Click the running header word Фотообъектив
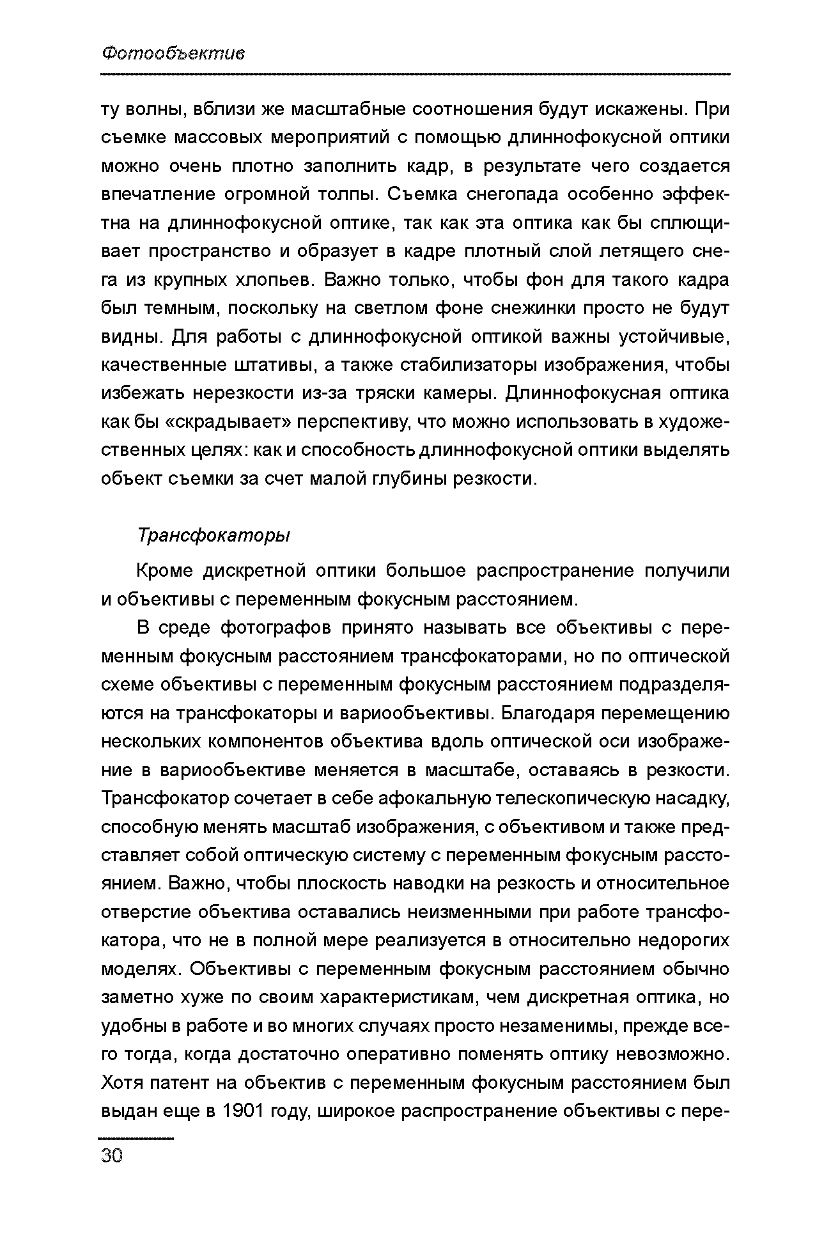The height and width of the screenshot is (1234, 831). pos(173,54)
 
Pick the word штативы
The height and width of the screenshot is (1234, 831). pos(273,365)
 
